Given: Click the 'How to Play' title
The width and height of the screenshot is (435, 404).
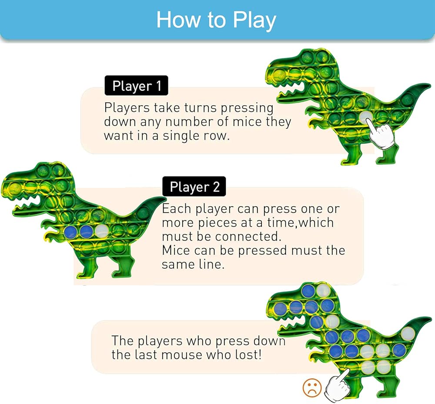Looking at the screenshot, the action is click(x=216, y=20).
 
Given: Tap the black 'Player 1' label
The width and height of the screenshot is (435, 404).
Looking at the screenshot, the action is click(x=137, y=86).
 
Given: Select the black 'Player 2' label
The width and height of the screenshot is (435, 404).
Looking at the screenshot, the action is click(x=194, y=187).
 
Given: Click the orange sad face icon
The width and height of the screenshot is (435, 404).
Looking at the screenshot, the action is click(x=312, y=387).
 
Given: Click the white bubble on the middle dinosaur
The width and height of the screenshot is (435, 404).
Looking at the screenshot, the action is click(x=102, y=230).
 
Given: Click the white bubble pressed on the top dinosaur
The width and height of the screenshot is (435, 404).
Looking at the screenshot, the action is click(x=366, y=117).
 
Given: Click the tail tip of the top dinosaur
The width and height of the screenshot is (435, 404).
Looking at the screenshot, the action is click(x=430, y=84).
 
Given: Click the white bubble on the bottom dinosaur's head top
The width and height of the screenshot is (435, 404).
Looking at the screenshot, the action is click(x=324, y=290).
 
